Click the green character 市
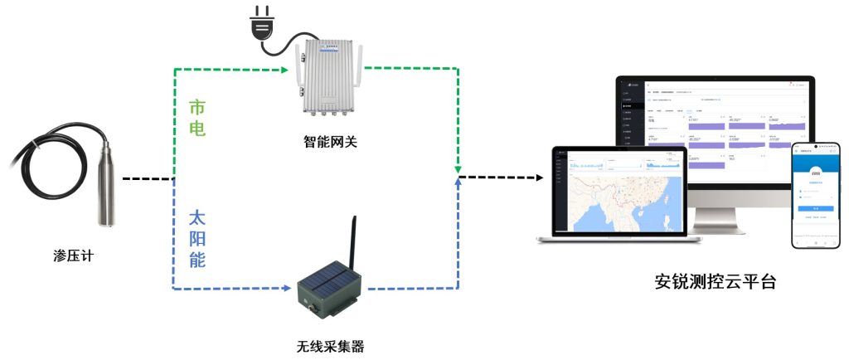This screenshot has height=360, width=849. (197, 108)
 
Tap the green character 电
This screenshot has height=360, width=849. (197, 129)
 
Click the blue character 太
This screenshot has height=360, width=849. (197, 219)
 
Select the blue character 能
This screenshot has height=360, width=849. (197, 260)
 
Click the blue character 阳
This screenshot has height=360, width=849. (197, 240)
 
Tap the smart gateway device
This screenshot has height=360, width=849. (328, 79)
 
